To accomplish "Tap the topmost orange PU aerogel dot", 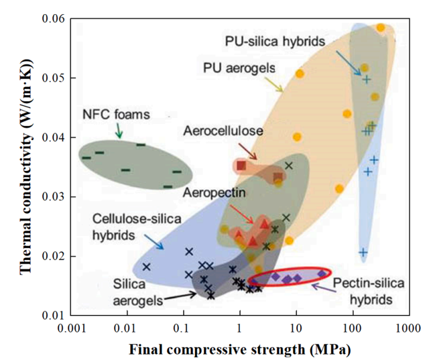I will pyautogui.click(x=381, y=27).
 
